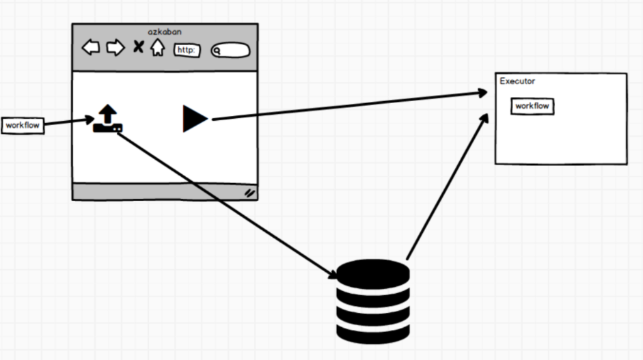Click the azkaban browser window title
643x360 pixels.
(165, 32)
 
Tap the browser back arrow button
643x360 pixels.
(91, 47)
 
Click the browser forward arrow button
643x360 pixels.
(115, 47)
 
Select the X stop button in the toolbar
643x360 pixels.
(138, 47)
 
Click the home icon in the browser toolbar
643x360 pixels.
(158, 48)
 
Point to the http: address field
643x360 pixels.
(187, 50)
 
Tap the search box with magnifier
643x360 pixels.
(230, 50)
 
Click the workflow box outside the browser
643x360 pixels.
(23, 126)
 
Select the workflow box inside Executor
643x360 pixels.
(532, 106)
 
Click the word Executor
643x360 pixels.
(517, 81)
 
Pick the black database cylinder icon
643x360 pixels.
(373, 301)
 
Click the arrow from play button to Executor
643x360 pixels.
(348, 107)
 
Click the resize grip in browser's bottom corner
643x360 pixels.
(249, 193)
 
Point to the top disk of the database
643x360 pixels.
(373, 272)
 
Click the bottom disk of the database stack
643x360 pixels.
(373, 330)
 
